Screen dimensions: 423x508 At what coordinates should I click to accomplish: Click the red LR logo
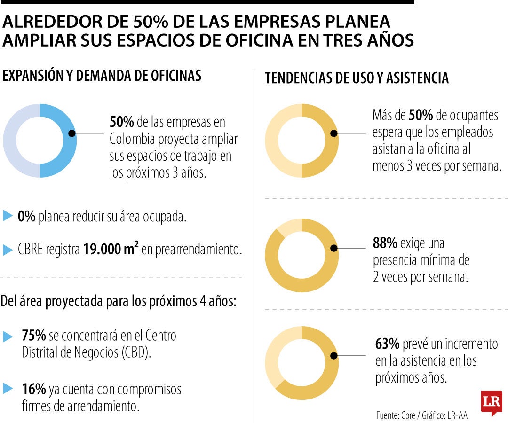click(491, 402)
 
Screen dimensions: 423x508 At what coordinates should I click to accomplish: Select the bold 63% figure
click(388, 345)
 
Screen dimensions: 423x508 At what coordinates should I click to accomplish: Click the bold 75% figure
click(33, 336)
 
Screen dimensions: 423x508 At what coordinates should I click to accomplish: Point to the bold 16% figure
click(33, 389)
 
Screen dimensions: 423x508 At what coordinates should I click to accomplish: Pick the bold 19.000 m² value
click(111, 250)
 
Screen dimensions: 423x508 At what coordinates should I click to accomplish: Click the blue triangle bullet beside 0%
click(8, 216)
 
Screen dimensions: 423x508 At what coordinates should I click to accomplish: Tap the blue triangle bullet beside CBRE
click(8, 250)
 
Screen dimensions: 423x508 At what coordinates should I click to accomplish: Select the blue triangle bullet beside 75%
click(8, 337)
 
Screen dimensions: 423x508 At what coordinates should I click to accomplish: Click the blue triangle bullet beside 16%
click(8, 389)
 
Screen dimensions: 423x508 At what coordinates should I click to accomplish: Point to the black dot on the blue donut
click(71, 133)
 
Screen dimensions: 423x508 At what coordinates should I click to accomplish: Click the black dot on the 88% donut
click(333, 248)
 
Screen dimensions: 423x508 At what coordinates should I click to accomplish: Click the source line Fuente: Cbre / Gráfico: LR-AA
click(421, 415)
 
